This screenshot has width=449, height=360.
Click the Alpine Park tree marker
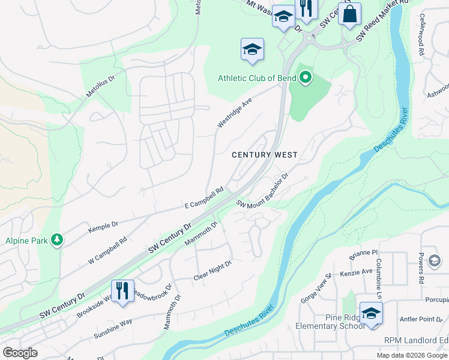point(57,241)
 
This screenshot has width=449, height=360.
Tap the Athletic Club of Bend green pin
point(306,77)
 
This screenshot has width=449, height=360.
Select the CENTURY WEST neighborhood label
point(265,155)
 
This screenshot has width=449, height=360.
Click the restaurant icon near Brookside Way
point(122,290)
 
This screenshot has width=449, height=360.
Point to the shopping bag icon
point(349,13)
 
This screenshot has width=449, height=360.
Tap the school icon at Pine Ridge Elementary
point(371,313)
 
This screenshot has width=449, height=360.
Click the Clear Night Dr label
point(212,271)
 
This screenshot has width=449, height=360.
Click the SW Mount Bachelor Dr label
point(262,191)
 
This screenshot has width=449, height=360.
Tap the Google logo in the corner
point(20,353)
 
